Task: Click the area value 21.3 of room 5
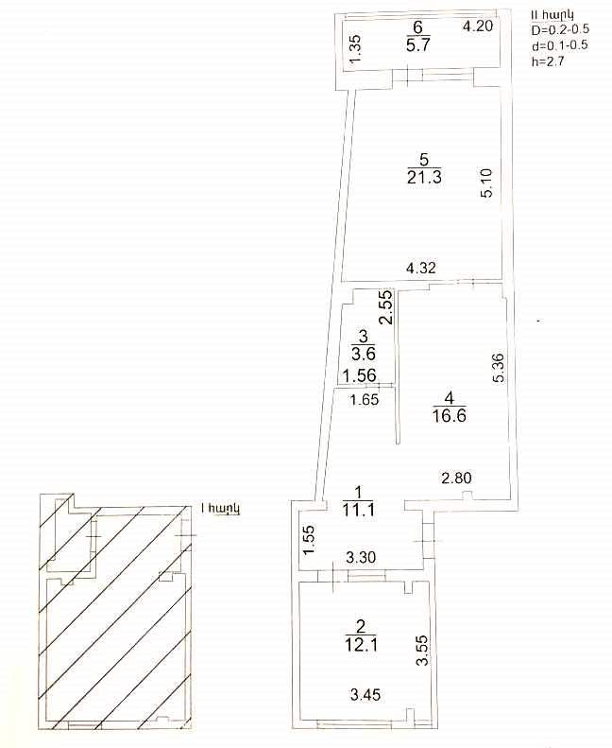[x=424, y=177]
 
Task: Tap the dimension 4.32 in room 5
[x=420, y=268]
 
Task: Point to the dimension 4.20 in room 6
[x=478, y=26]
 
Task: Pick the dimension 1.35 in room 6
[x=355, y=49]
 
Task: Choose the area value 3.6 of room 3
[x=364, y=354]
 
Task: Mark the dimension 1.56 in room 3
[x=360, y=376]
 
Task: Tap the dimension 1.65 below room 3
[x=365, y=399]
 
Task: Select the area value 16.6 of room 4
[x=450, y=415]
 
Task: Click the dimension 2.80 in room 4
[x=457, y=478]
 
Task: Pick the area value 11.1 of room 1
[x=358, y=510]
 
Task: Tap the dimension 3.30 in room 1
[x=361, y=557]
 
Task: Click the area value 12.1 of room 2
[x=361, y=645]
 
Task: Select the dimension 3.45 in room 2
[x=365, y=694]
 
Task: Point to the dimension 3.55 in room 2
[x=422, y=651]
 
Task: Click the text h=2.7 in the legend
[x=548, y=61]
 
